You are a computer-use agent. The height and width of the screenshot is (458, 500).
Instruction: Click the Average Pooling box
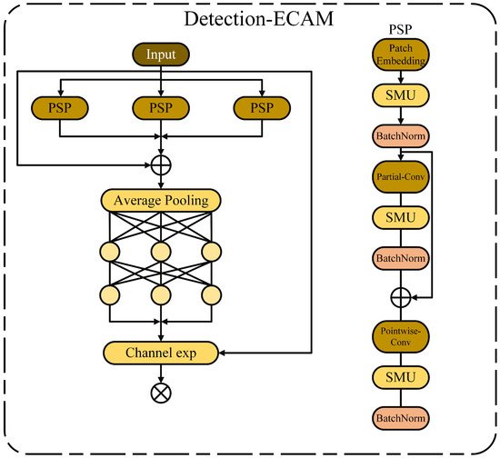coord(161,200)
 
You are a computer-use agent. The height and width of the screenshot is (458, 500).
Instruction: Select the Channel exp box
coord(161,351)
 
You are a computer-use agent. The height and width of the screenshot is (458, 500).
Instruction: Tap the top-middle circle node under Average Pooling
coord(161,249)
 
